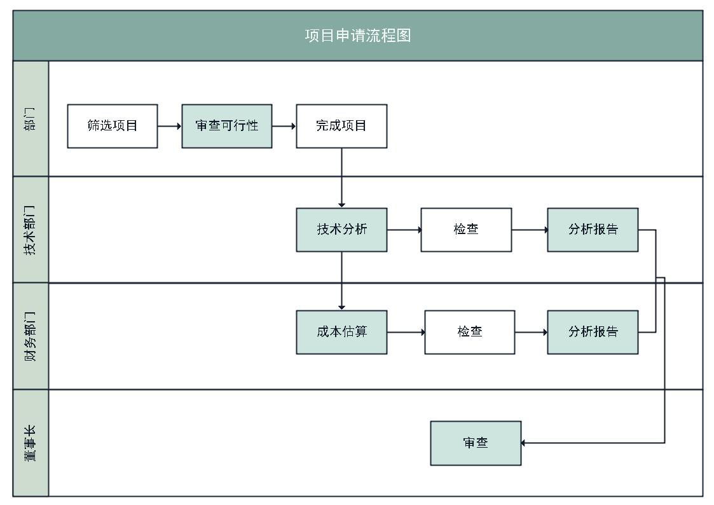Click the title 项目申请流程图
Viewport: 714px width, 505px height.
(357, 36)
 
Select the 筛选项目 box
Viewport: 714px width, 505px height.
(113, 126)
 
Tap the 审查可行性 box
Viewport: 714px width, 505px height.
(227, 126)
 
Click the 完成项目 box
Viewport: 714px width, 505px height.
(341, 126)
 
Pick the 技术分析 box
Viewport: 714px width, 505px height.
(341, 230)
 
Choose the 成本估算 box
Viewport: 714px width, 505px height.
(341, 332)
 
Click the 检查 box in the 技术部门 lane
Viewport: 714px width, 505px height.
(466, 230)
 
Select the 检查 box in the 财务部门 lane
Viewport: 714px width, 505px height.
(470, 332)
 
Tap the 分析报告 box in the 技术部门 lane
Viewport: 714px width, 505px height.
(593, 230)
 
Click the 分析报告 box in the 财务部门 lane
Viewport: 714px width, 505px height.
(593, 332)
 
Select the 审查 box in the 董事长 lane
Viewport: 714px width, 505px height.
(476, 443)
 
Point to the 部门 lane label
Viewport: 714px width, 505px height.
(31, 119)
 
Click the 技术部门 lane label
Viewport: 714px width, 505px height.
(31, 230)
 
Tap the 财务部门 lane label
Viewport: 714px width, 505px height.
(31, 336)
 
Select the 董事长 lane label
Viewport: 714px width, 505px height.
(31, 443)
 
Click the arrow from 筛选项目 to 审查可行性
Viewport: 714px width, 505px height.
(170, 126)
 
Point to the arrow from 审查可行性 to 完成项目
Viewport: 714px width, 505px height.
(284, 126)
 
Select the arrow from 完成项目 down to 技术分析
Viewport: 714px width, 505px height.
(341, 178)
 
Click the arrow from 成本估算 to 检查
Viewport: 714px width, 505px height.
(406, 332)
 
